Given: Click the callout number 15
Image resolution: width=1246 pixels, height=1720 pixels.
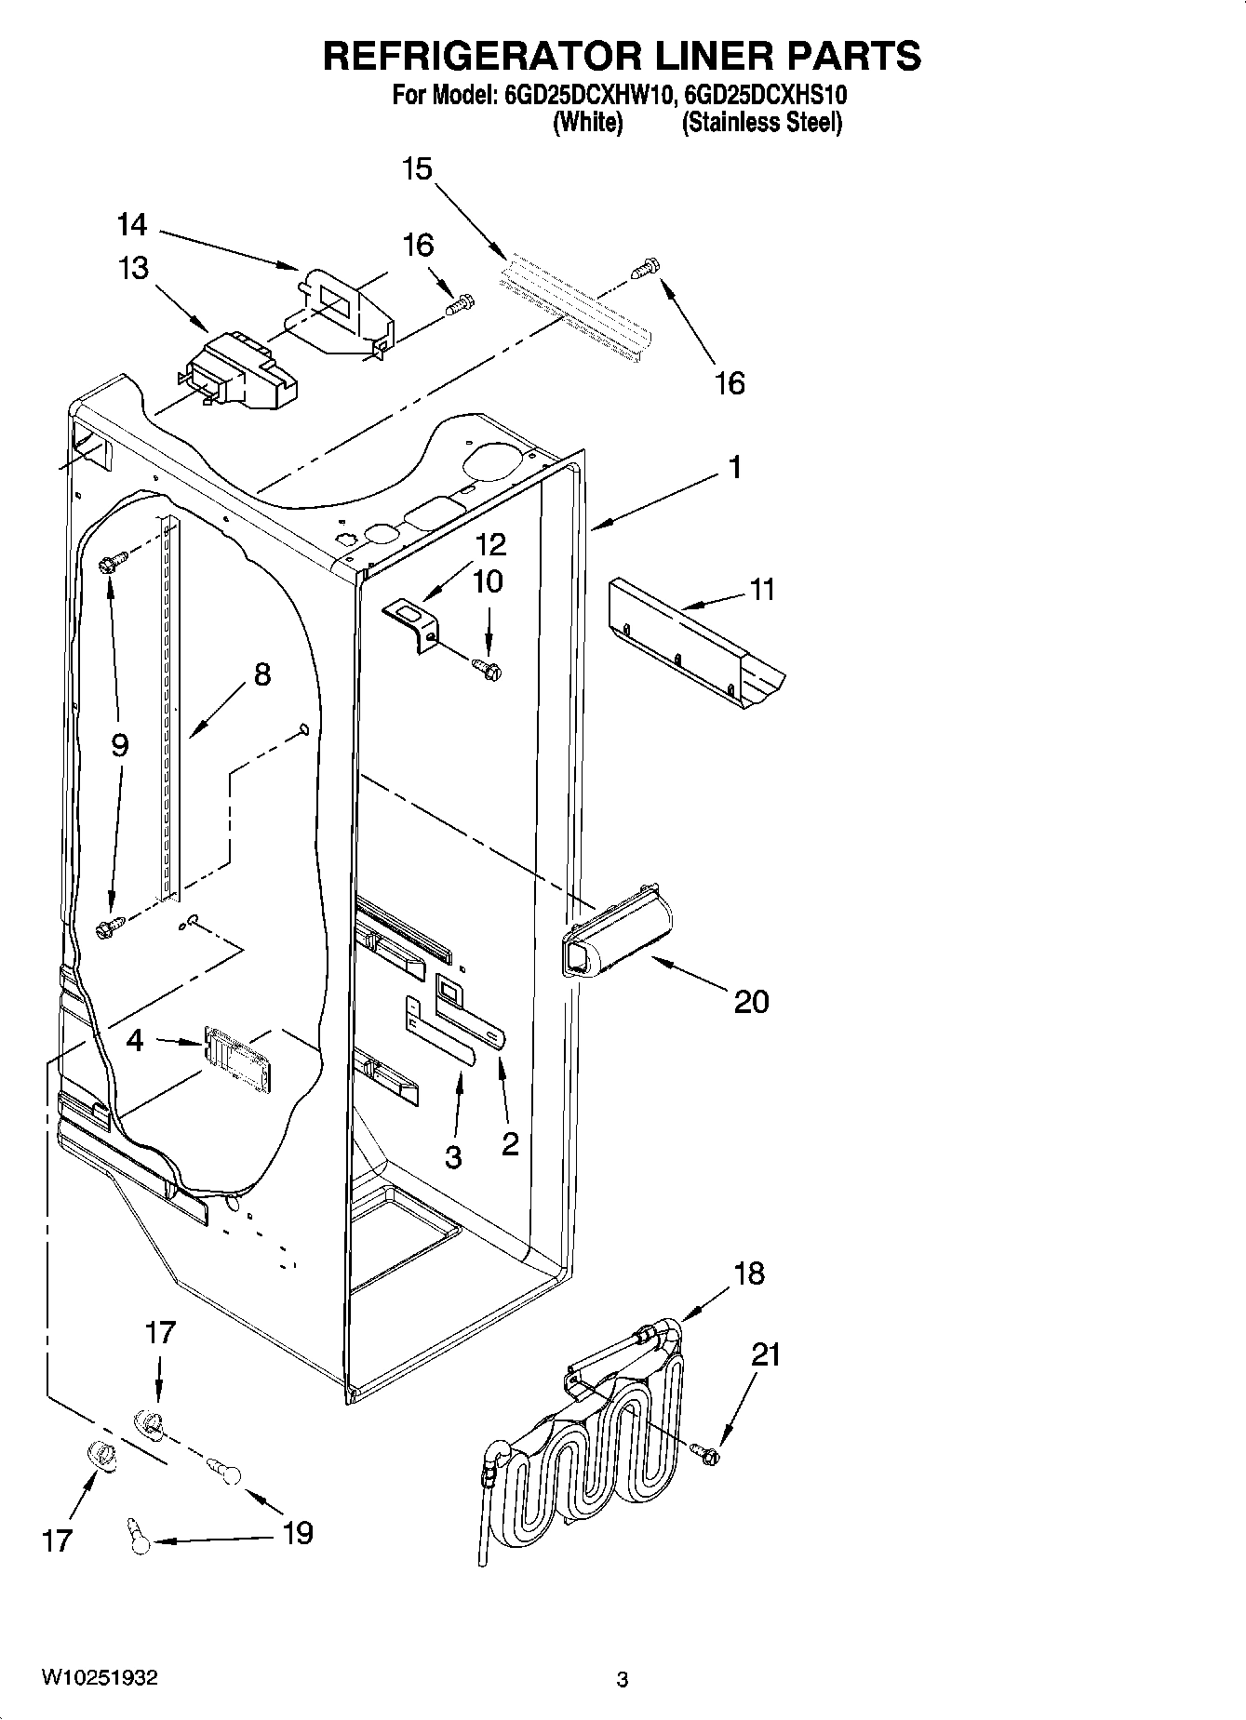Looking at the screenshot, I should pos(418,169).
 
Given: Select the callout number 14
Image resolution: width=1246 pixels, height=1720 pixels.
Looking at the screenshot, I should pos(132,225).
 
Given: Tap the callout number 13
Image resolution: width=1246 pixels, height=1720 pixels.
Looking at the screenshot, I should pos(133,269).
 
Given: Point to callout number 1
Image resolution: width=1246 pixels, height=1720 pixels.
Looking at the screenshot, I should pos(735,467).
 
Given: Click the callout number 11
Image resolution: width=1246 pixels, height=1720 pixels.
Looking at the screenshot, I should pos(762,590).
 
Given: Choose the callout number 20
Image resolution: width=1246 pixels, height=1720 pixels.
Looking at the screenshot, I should pos(752,1002).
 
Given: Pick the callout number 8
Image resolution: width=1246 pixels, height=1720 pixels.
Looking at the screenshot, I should pos(262,673).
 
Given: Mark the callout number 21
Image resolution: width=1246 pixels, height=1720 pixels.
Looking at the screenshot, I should pos(766,1354).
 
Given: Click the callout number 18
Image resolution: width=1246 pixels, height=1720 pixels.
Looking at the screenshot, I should pos(749,1273).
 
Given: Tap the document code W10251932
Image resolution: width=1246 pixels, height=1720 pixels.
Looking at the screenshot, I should pos(100,1678).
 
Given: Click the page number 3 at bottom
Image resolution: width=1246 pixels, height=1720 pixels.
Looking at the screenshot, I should pos(623,1679).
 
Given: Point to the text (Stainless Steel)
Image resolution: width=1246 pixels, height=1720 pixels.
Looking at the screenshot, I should pos(762,123).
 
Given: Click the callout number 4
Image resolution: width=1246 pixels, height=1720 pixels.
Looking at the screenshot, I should pos(135,1040).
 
